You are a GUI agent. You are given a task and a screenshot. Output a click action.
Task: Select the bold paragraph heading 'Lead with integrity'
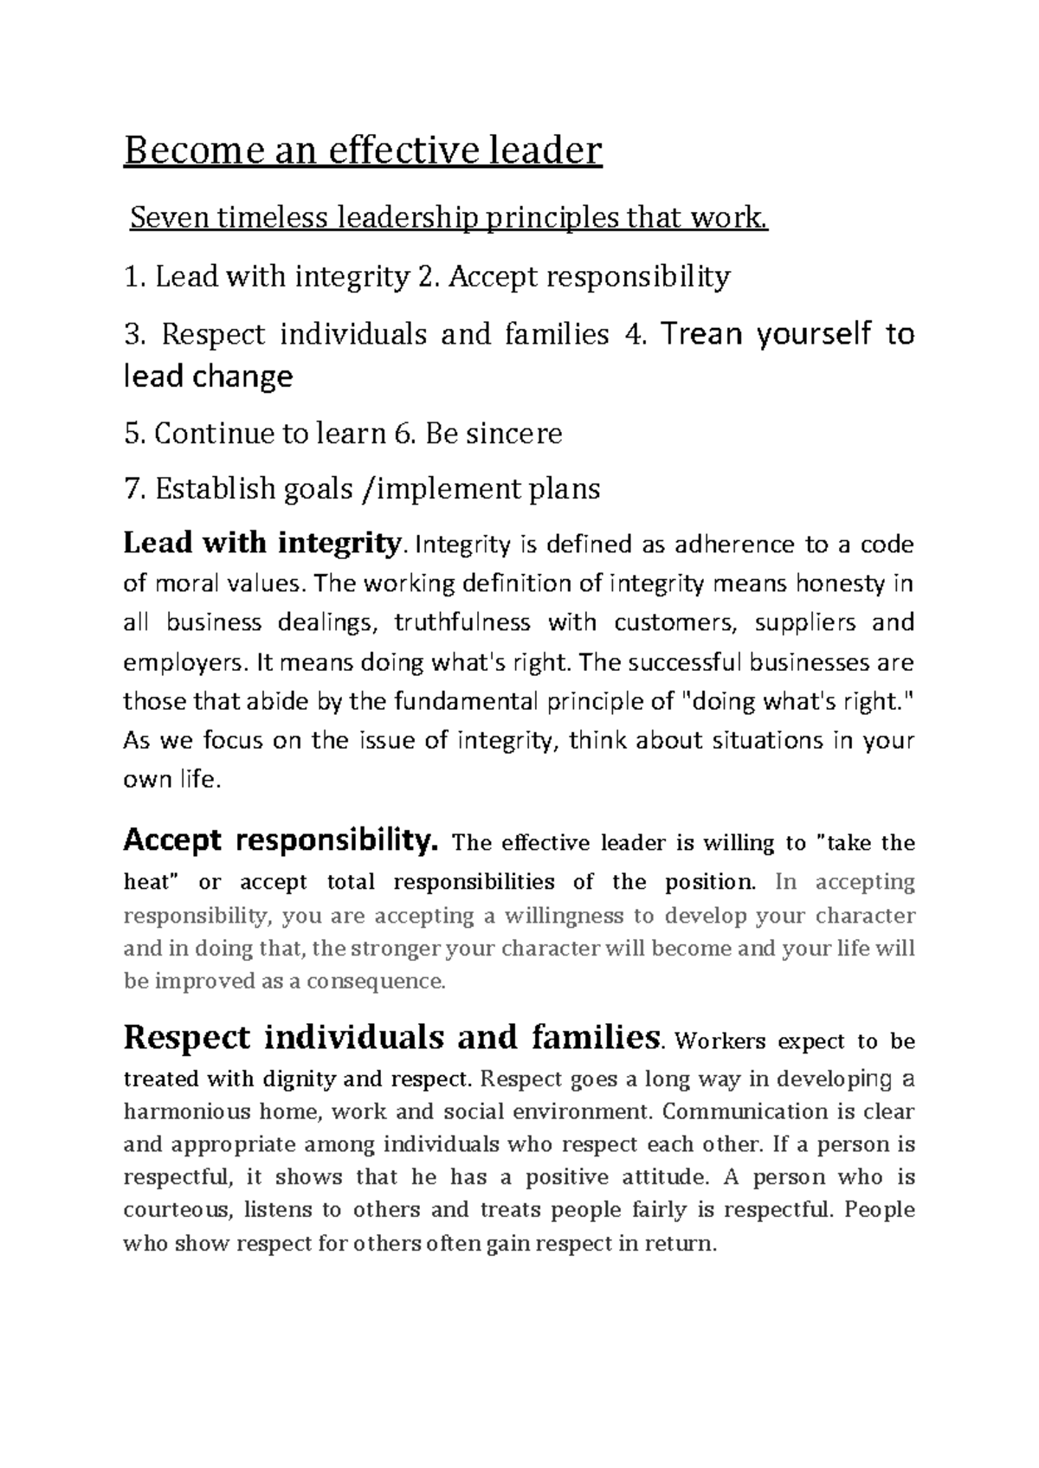pyautogui.click(x=261, y=544)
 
